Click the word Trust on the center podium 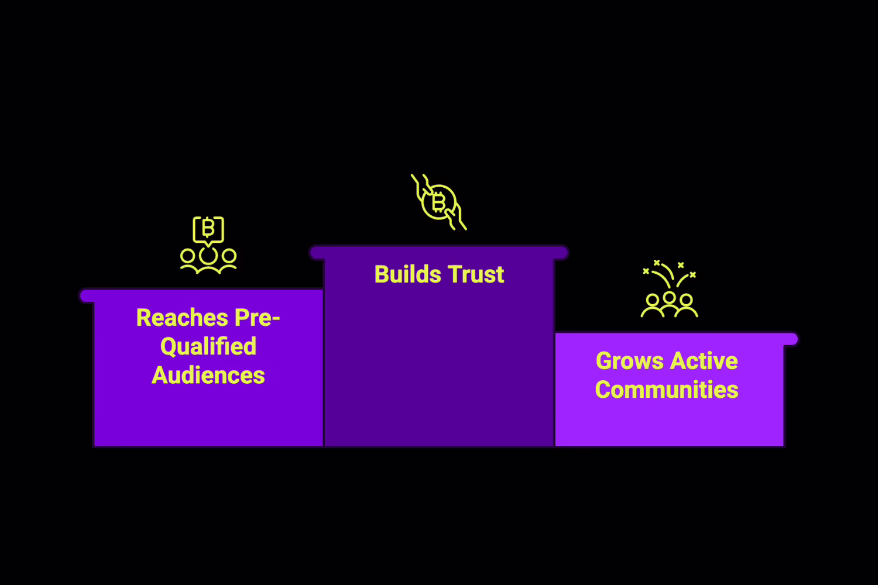click(x=476, y=274)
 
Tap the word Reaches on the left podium click(x=181, y=318)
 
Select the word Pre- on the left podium click(x=256, y=318)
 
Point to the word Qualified click(x=208, y=346)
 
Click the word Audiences click(x=208, y=376)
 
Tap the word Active click(x=705, y=361)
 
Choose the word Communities click(x=667, y=390)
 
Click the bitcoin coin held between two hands click(x=438, y=202)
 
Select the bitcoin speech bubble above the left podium click(x=208, y=229)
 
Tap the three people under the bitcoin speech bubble click(x=208, y=261)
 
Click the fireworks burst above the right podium click(x=669, y=274)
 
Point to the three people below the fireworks click(x=669, y=305)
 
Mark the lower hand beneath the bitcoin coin click(x=456, y=220)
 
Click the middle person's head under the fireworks click(x=669, y=298)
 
